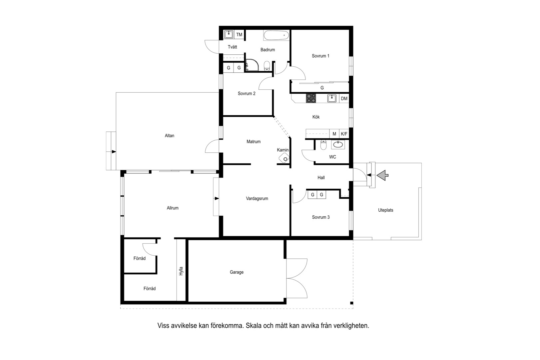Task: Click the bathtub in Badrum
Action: click(276, 35)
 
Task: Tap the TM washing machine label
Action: click(239, 35)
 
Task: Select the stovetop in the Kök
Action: click(311, 98)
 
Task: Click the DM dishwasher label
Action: click(344, 98)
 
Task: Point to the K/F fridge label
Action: click(344, 134)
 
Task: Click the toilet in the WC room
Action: click(323, 145)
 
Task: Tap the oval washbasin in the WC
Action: click(338, 144)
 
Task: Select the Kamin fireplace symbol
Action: click(284, 158)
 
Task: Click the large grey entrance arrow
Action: click(382, 175)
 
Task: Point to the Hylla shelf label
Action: click(181, 271)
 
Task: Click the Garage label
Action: click(237, 272)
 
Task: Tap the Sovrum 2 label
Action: click(247, 93)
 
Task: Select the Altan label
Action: click(170, 136)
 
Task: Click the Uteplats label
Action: click(385, 210)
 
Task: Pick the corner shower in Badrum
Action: click(252, 65)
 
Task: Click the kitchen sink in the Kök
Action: click(332, 98)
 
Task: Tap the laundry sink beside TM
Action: click(229, 35)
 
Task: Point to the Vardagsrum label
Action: click(257, 199)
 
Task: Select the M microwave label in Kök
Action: click(334, 134)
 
